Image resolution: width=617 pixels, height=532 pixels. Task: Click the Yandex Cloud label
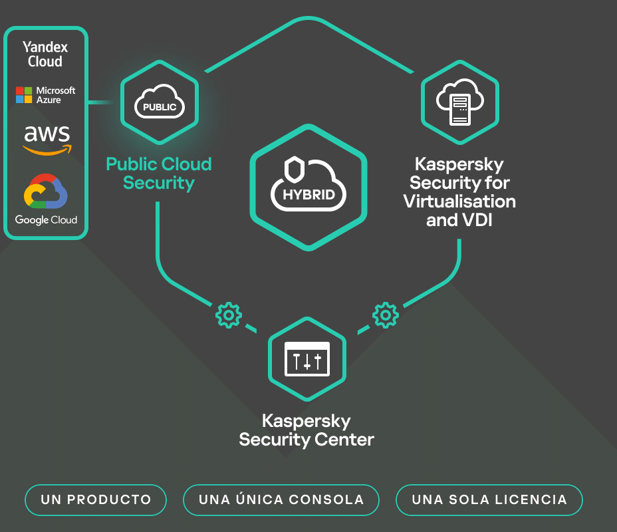click(x=45, y=55)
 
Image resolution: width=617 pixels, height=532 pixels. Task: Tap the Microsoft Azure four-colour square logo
click(x=25, y=95)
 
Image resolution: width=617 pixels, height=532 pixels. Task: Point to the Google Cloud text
click(x=46, y=220)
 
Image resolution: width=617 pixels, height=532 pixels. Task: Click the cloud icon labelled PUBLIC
click(x=160, y=105)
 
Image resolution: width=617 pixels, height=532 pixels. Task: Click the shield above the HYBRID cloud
click(x=293, y=169)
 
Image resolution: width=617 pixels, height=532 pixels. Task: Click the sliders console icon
click(x=307, y=359)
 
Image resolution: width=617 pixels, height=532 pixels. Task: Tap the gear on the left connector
click(x=228, y=314)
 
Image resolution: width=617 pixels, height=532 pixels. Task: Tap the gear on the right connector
click(x=385, y=314)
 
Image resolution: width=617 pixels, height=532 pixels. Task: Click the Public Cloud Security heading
click(x=159, y=174)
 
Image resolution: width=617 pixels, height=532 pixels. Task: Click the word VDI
click(x=476, y=220)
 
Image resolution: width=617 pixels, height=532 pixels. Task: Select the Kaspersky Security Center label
click(x=307, y=430)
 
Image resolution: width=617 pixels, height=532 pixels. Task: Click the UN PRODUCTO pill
click(x=96, y=500)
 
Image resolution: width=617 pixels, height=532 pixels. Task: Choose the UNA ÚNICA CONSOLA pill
click(x=281, y=500)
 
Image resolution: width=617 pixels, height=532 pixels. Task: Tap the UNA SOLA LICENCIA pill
click(x=489, y=500)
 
